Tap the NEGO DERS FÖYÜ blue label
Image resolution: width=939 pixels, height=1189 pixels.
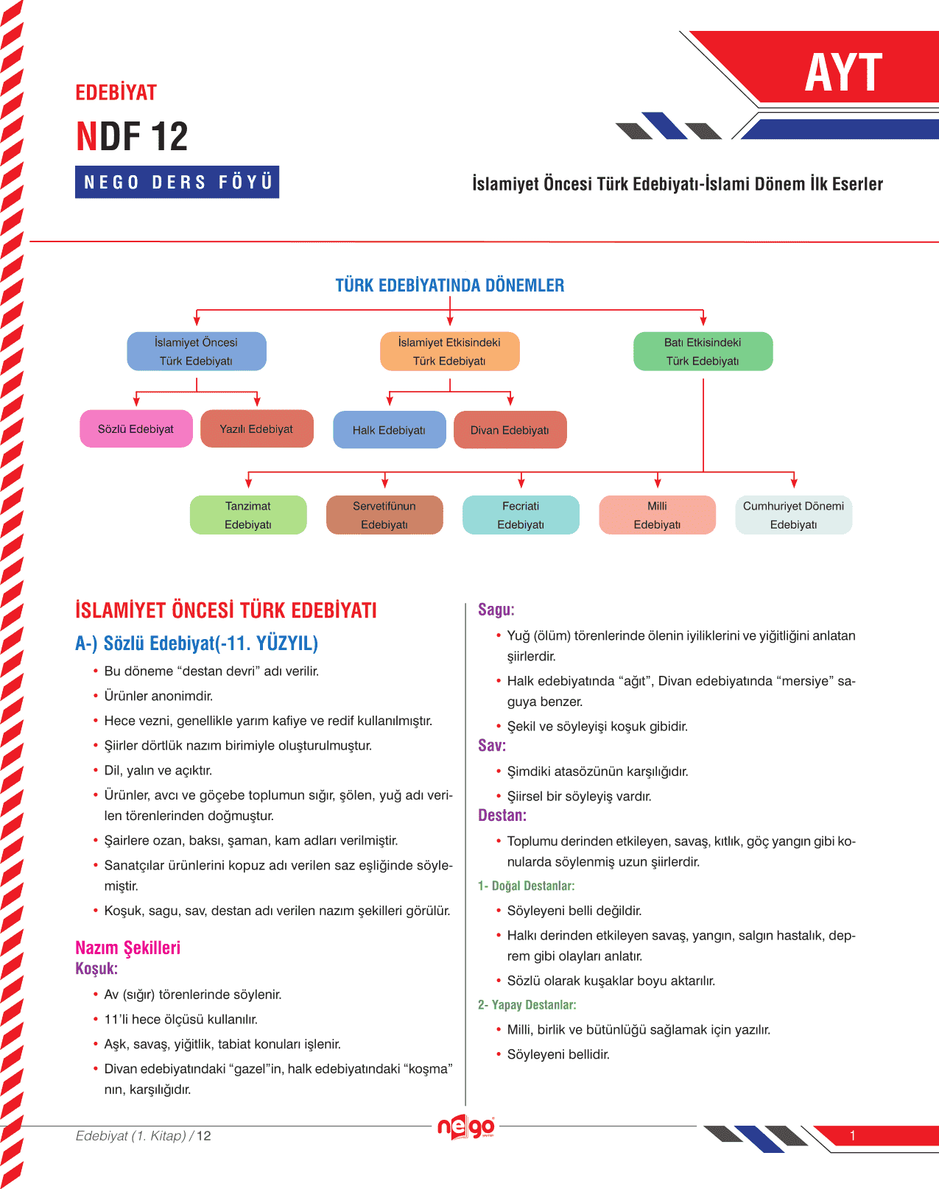tap(177, 182)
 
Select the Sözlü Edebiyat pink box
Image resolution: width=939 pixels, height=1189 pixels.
tap(136, 429)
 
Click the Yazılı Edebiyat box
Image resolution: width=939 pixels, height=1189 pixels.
tap(256, 429)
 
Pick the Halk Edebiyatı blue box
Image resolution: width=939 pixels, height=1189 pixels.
tap(389, 430)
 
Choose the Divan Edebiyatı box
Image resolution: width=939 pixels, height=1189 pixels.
tap(510, 430)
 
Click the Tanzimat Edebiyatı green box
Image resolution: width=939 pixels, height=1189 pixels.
tap(248, 515)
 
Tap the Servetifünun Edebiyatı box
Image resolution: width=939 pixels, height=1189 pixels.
tap(384, 515)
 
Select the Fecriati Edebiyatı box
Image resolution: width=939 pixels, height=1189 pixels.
tap(521, 515)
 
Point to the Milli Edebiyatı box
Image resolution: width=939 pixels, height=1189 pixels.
tap(657, 515)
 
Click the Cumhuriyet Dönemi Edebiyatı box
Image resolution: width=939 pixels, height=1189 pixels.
tap(793, 515)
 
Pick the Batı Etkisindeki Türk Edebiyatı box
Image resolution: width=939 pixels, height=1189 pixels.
tap(703, 351)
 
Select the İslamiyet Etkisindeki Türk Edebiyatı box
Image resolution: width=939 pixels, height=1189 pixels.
tap(449, 351)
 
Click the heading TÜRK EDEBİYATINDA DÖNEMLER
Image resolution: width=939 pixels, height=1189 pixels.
tap(450, 286)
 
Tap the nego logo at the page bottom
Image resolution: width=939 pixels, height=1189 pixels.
tap(466, 1126)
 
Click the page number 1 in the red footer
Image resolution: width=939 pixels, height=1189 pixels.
tap(852, 1135)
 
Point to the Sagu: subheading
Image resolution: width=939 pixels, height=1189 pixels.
tap(496, 610)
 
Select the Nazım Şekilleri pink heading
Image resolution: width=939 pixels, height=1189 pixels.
tap(127, 948)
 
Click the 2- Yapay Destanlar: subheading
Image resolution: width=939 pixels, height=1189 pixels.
tap(527, 1005)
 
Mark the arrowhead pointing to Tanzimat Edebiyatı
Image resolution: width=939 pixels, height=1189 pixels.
tap(249, 482)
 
